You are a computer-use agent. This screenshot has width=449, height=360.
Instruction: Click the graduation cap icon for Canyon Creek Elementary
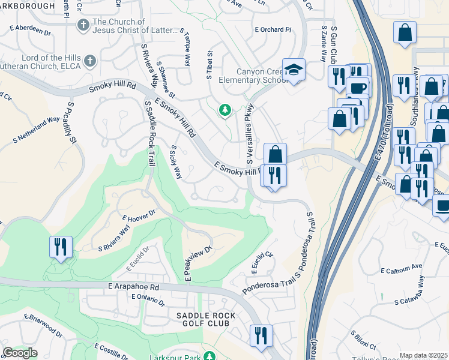(294, 70)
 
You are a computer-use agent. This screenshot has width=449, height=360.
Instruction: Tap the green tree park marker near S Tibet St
(225, 110)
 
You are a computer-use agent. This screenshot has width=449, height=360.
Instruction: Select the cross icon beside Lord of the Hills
(89, 61)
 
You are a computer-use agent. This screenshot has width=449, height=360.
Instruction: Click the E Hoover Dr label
(139, 215)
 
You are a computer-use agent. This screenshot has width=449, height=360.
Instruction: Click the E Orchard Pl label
(273, 29)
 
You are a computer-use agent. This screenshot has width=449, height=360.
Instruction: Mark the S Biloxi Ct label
(363, 340)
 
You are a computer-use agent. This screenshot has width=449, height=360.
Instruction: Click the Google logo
(20, 353)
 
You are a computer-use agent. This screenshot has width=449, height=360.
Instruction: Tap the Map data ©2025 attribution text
(423, 355)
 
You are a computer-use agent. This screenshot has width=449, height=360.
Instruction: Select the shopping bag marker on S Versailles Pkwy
(275, 154)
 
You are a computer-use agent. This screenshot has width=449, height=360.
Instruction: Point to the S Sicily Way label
(176, 162)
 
